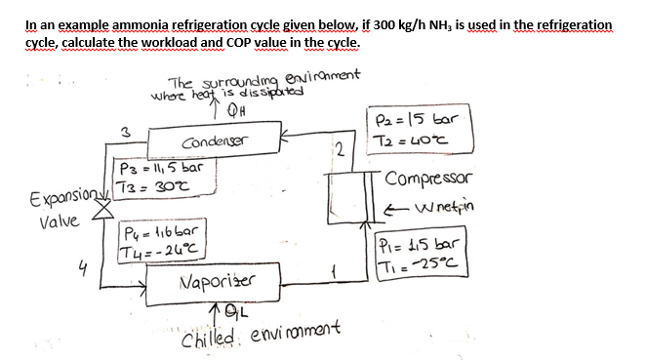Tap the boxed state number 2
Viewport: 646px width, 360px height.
click(338, 148)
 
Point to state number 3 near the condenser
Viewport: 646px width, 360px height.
click(124, 130)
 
